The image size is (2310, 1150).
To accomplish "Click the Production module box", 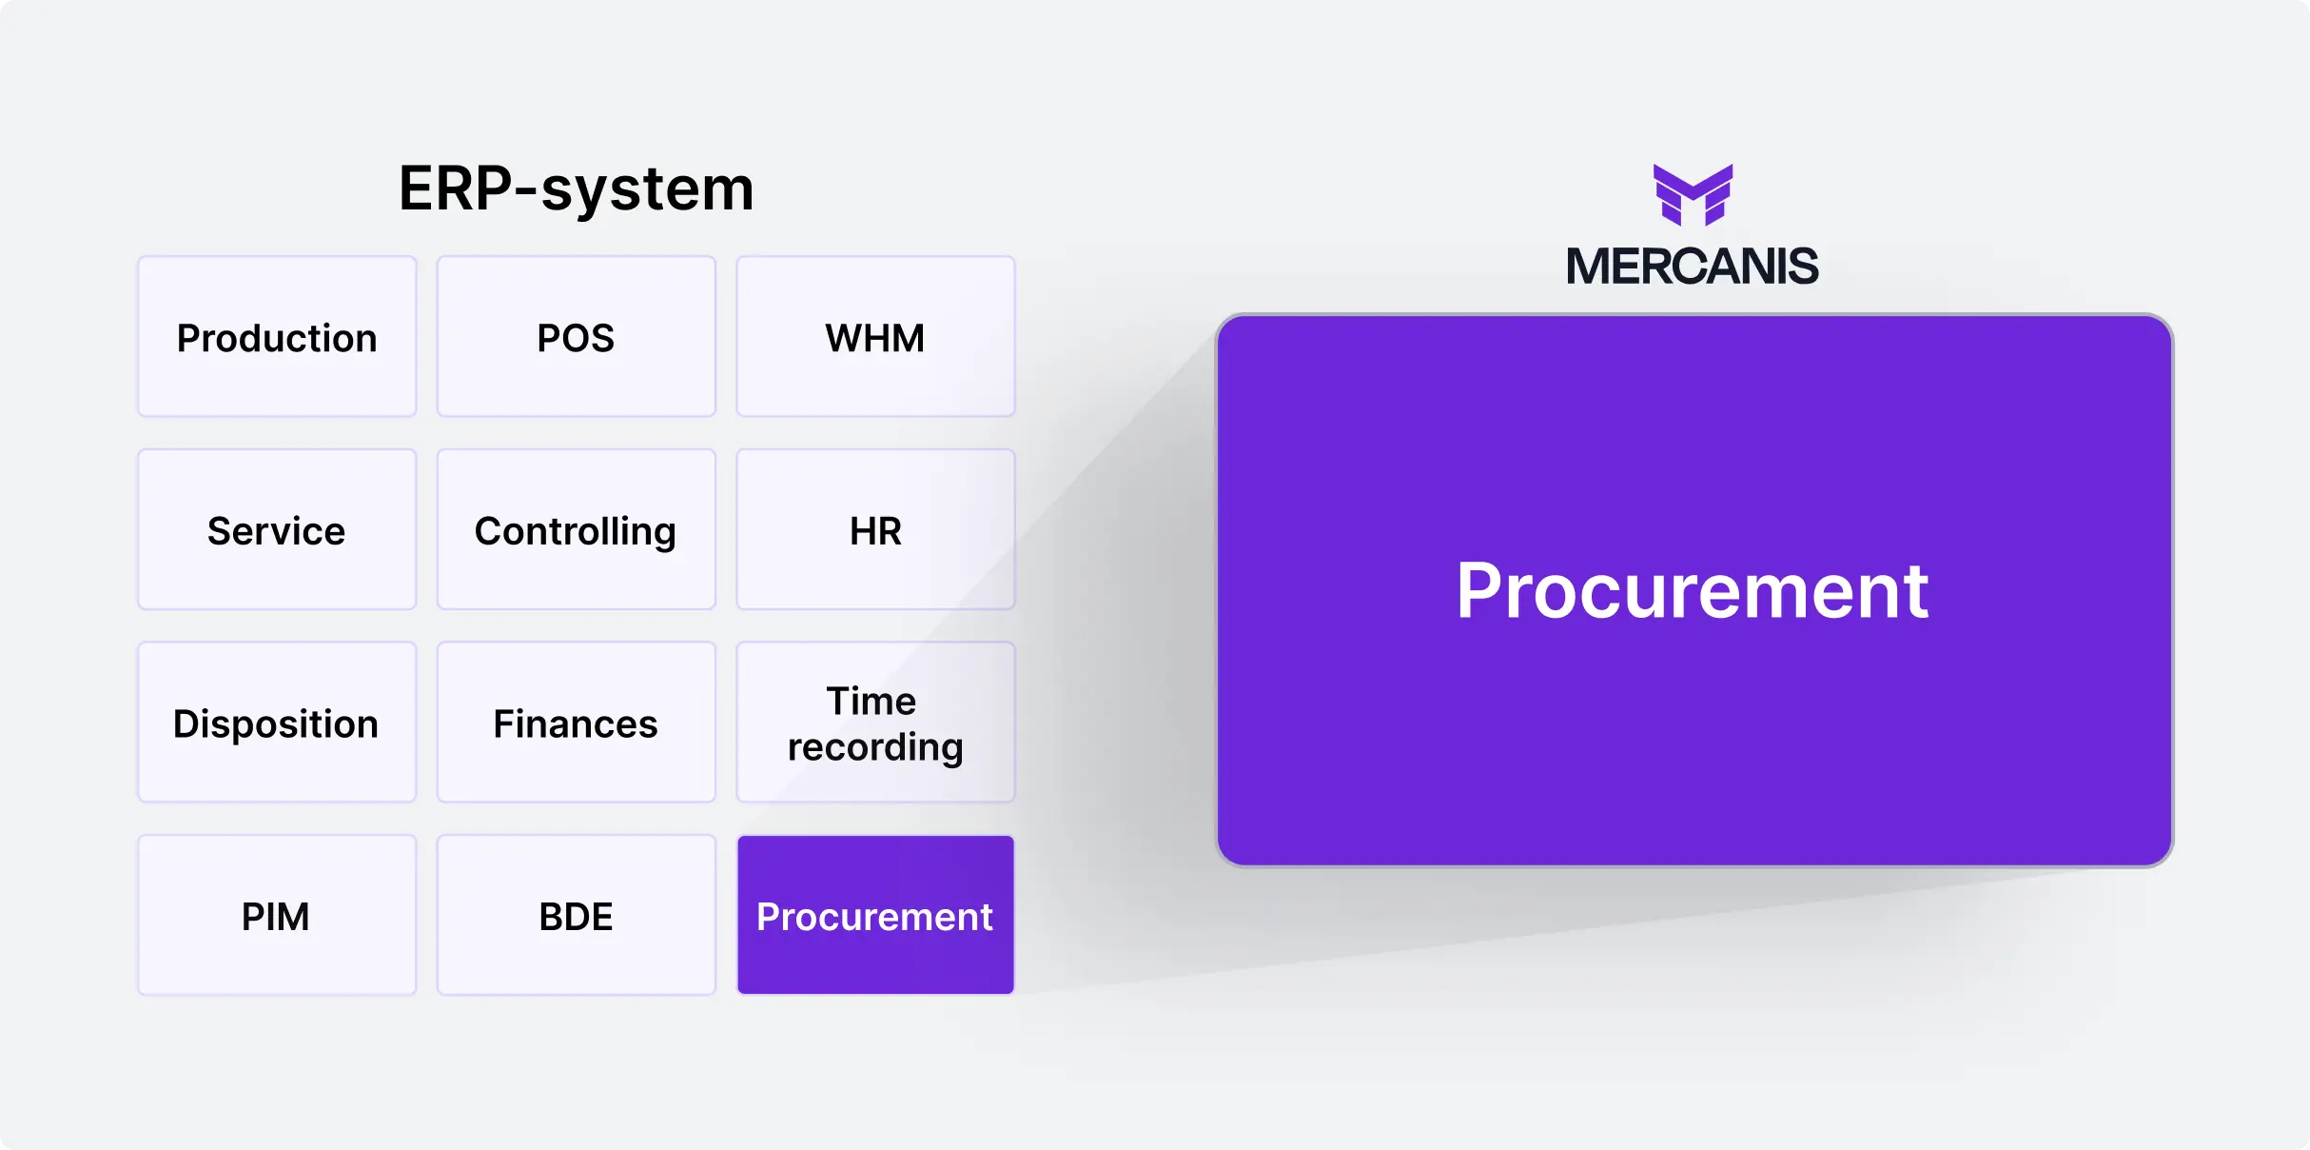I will click(x=277, y=336).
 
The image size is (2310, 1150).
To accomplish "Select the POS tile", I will click(x=576, y=336).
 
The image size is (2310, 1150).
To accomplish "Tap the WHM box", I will click(x=875, y=336).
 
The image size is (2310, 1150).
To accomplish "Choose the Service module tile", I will click(x=277, y=529).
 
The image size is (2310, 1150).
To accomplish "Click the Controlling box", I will click(x=576, y=529).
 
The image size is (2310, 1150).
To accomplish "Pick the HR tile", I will click(x=875, y=529).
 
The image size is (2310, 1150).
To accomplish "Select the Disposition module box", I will click(x=277, y=723).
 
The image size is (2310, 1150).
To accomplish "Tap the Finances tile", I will click(x=576, y=723).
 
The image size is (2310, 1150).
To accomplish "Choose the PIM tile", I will click(x=277, y=915).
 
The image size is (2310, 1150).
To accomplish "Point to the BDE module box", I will click(x=576, y=915).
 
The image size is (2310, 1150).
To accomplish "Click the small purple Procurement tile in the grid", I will click(x=875, y=915).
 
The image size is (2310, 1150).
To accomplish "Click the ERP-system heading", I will click(x=576, y=188).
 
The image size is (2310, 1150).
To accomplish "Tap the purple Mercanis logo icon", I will click(x=1693, y=194).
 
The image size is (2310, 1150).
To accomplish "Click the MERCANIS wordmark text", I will click(x=1693, y=266).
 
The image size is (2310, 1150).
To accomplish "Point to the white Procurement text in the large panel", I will click(x=1693, y=590).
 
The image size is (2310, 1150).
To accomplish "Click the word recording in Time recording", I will click(x=875, y=747).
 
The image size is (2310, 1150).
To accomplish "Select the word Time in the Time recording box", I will click(x=871, y=701).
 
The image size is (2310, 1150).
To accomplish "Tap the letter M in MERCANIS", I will click(x=1590, y=266).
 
